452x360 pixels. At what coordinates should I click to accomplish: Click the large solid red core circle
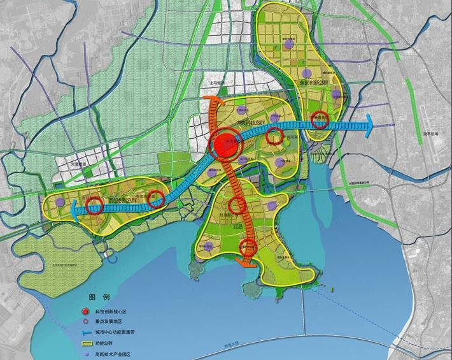click(x=224, y=145)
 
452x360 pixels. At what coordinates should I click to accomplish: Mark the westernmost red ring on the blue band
click(x=94, y=205)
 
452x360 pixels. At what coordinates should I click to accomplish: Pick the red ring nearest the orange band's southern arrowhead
click(x=246, y=248)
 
